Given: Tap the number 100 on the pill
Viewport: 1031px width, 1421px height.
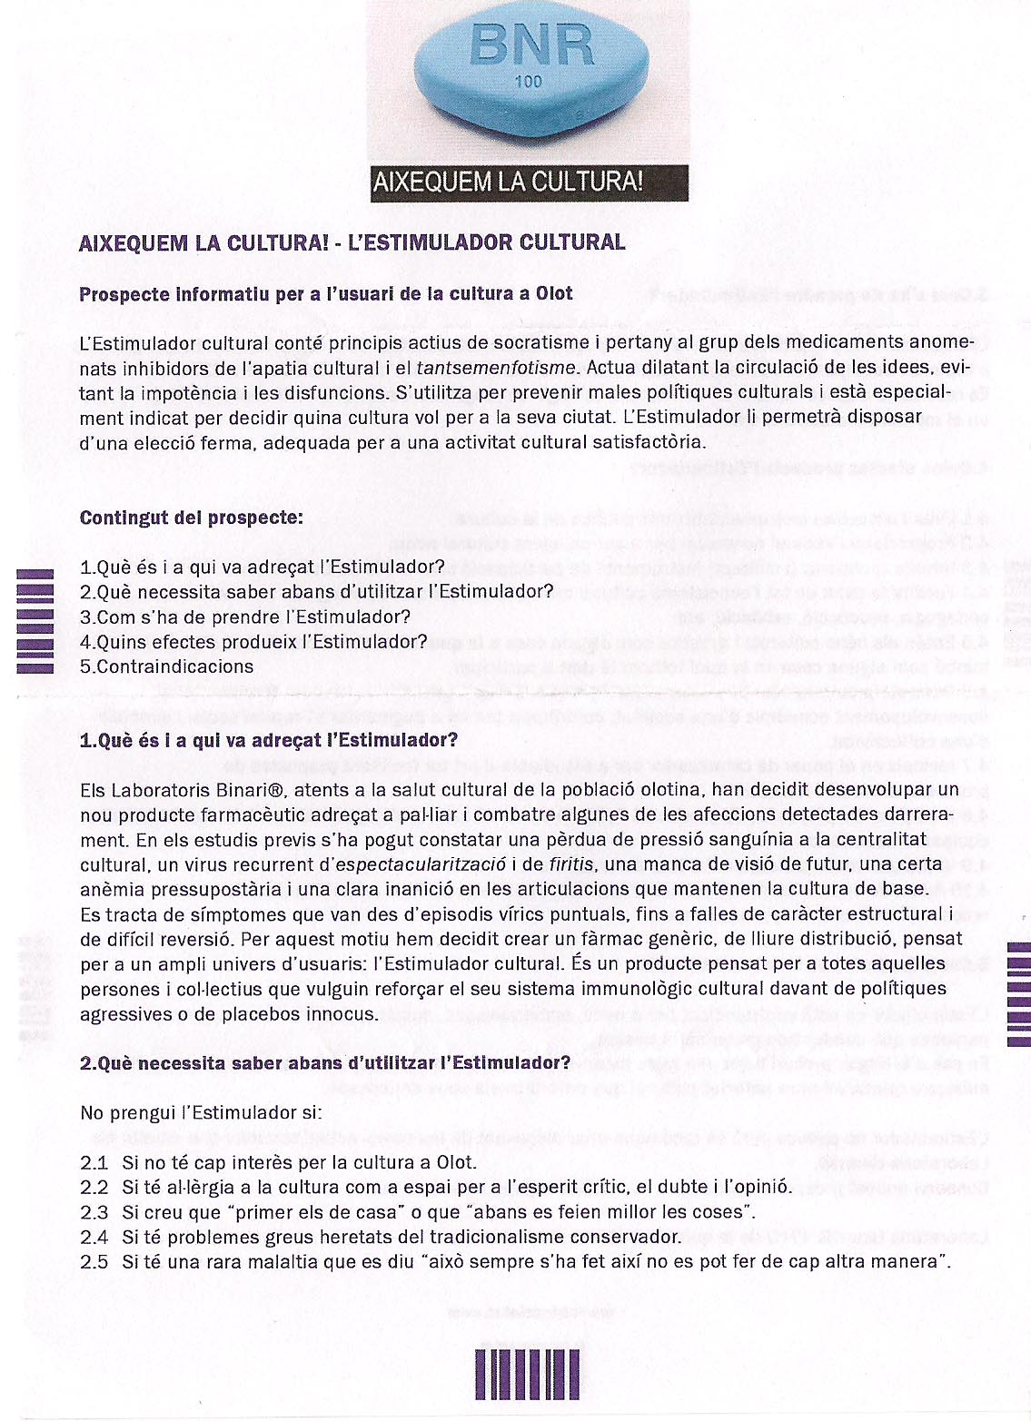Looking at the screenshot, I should click(528, 82).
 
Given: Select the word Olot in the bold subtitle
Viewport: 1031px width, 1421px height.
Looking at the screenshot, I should click(553, 293).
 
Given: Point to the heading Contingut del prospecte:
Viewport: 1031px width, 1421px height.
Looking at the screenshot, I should click(192, 518).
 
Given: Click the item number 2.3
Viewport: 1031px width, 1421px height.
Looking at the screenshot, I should click(94, 1211).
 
